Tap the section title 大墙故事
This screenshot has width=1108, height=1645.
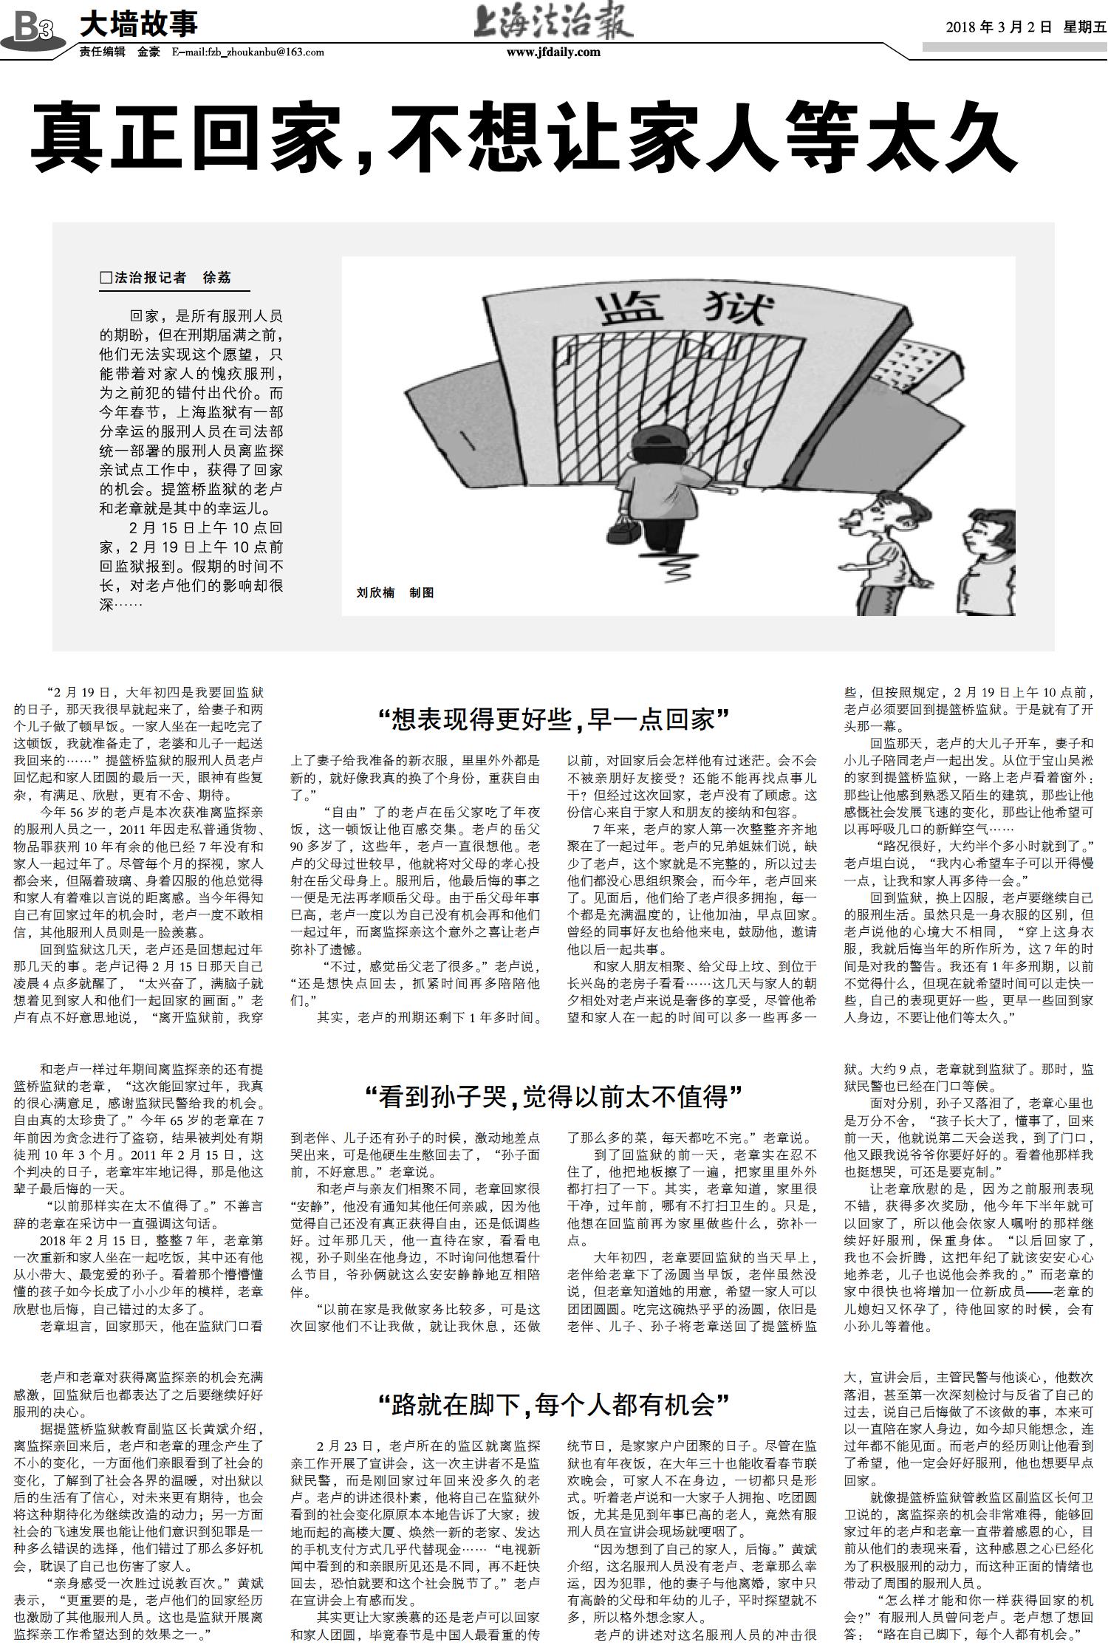point(138,24)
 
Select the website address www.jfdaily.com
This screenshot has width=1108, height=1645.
point(553,52)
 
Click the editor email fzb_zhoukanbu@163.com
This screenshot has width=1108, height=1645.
point(247,52)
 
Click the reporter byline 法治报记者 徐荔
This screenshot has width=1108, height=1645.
point(166,278)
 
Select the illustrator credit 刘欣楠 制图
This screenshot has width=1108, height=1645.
point(394,592)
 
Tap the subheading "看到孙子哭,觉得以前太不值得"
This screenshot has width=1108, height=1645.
point(554,1097)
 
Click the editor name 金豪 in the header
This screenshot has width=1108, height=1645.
point(148,52)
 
